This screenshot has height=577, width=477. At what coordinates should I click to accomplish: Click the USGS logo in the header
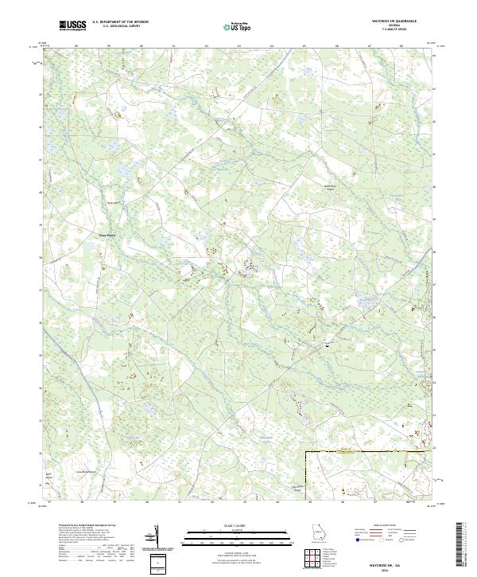(x=72, y=26)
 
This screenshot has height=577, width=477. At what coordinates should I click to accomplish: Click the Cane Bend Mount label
(x=79, y=470)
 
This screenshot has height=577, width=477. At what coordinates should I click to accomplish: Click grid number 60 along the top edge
(x=141, y=46)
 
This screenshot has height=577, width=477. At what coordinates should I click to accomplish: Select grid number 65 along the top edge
(x=304, y=46)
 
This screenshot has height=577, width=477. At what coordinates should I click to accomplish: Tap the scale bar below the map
(x=238, y=534)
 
